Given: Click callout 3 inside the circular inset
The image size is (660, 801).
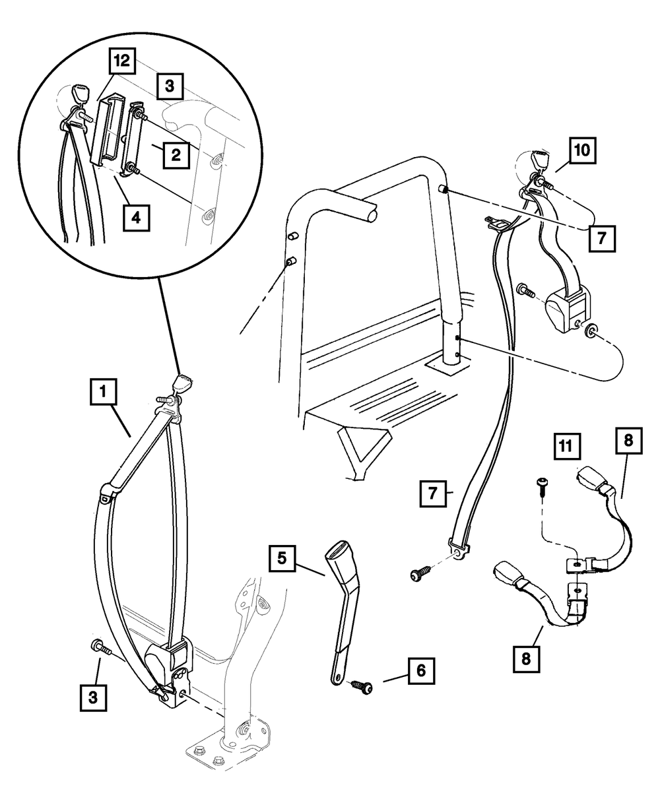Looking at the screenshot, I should click(x=170, y=86).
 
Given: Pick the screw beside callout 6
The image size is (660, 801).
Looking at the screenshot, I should click(x=362, y=687).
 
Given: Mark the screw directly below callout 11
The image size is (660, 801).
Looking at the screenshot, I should click(x=541, y=484).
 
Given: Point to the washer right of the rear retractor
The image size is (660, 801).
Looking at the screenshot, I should click(x=592, y=328).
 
